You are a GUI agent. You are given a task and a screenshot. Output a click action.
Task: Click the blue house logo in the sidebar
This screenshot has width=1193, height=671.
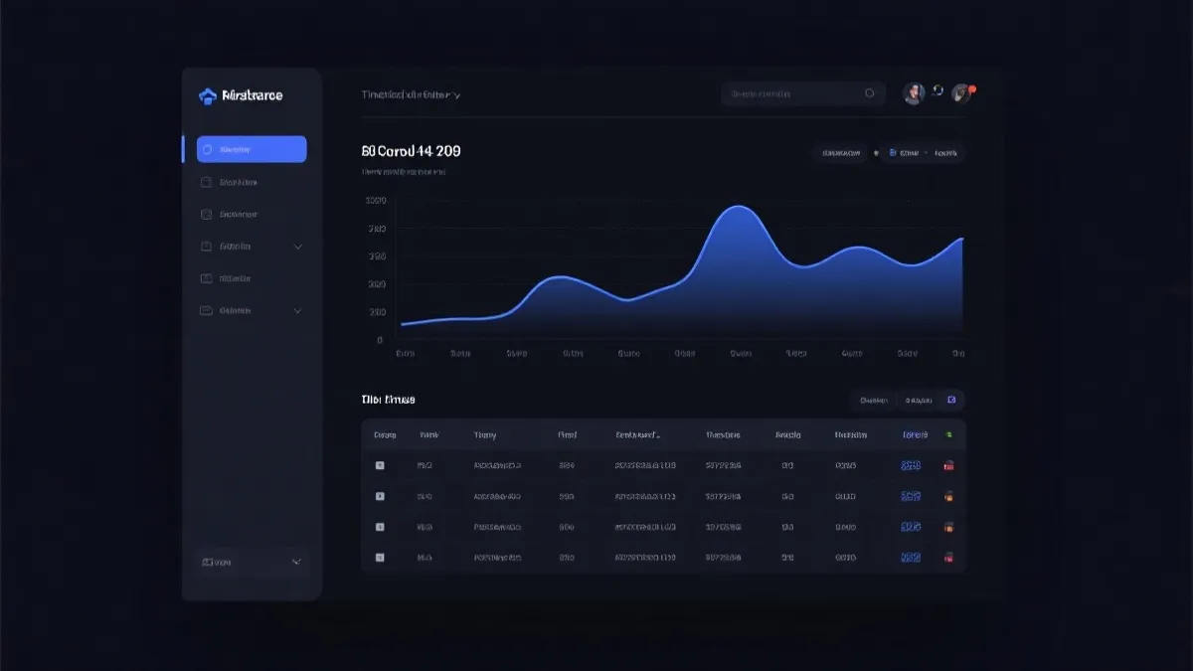tap(208, 95)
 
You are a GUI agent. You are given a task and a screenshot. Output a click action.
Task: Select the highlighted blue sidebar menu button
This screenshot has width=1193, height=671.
tap(252, 149)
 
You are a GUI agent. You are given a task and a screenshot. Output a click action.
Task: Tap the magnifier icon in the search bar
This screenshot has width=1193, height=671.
tap(870, 93)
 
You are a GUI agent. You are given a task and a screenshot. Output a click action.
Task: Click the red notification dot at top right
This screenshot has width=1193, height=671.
tap(972, 89)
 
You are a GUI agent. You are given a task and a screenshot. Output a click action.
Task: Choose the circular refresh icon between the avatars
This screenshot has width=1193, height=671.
tap(937, 91)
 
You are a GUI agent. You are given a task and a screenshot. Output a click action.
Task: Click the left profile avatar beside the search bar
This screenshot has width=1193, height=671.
tap(914, 93)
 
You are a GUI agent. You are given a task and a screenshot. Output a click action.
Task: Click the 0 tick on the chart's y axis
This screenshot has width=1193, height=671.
tap(380, 340)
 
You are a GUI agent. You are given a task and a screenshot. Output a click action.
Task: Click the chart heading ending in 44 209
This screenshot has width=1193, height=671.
tap(411, 152)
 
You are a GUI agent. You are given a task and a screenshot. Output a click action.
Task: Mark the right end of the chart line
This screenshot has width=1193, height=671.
tap(962, 239)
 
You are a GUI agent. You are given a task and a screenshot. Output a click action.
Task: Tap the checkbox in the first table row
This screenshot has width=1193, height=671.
tap(379, 465)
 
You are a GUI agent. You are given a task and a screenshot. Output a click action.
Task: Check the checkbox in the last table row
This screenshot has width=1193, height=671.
tap(379, 558)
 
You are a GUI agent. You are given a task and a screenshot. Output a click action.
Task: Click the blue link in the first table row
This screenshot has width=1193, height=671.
tap(911, 465)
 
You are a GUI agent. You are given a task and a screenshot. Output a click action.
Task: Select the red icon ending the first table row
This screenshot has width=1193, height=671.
tap(949, 465)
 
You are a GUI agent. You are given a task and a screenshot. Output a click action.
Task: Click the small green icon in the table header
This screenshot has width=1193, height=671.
tap(948, 434)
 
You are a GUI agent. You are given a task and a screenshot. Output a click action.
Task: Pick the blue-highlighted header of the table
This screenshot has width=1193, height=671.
tap(915, 434)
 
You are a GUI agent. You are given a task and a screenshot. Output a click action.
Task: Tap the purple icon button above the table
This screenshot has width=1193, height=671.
tap(951, 400)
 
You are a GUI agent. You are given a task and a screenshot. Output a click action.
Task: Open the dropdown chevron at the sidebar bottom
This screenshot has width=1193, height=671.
tap(296, 562)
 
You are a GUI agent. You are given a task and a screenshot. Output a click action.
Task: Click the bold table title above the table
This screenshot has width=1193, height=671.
tap(388, 400)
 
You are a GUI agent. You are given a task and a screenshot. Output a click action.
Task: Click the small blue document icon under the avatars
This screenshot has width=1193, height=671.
tap(892, 153)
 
